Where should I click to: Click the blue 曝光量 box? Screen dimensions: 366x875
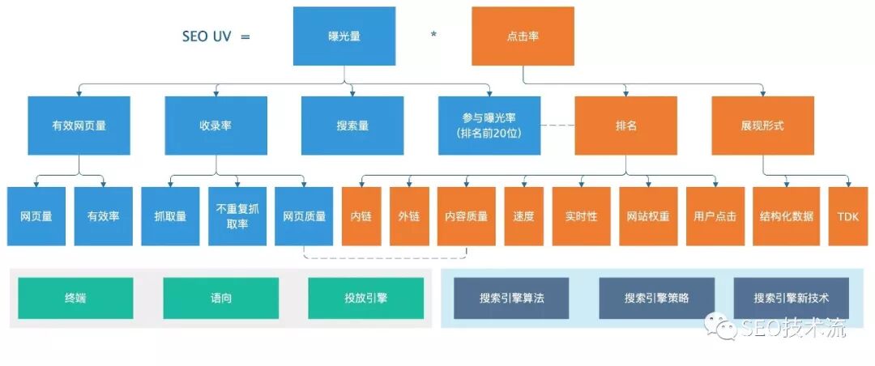(344, 36)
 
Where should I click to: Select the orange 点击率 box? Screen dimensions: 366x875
(523, 36)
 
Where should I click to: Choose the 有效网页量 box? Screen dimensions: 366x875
(79, 126)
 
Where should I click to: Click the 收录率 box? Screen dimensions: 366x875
(216, 126)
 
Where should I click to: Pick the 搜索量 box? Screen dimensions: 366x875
(352, 126)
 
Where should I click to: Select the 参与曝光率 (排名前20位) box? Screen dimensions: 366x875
(489, 126)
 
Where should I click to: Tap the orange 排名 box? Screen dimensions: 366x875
(625, 126)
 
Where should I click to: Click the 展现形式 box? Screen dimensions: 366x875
(762, 126)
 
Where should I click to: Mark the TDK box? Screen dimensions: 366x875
(847, 216)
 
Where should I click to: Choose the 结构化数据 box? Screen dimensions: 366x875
(787, 216)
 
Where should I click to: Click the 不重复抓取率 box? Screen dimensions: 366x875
(237, 216)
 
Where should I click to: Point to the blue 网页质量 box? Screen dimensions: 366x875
(304, 216)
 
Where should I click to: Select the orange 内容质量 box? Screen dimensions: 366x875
(466, 216)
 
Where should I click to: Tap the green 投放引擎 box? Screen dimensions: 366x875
(365, 298)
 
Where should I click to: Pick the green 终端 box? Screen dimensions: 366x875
(75, 298)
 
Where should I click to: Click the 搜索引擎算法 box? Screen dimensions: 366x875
(511, 298)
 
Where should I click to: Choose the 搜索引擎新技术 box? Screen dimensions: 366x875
(791, 298)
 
